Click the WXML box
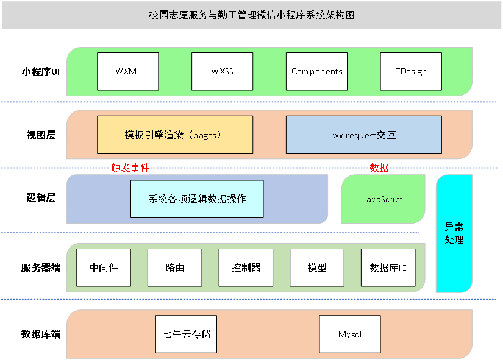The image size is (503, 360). tap(128, 71)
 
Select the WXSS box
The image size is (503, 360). tap(222, 71)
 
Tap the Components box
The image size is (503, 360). tap(316, 71)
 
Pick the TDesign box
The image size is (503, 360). tap(411, 71)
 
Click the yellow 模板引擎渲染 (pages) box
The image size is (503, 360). tap(175, 135)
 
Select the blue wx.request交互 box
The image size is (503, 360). tap(364, 135)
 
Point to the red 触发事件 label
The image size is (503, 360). tap(130, 168)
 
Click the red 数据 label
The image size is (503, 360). tap(379, 168)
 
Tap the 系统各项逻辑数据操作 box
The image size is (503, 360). tap(197, 199)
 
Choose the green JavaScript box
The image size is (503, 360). tap(383, 199)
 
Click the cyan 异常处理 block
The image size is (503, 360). tap(454, 233)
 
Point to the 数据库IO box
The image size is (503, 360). tap(388, 267)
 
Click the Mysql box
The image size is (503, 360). tap(350, 334)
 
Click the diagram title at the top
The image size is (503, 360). tap(251, 15)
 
